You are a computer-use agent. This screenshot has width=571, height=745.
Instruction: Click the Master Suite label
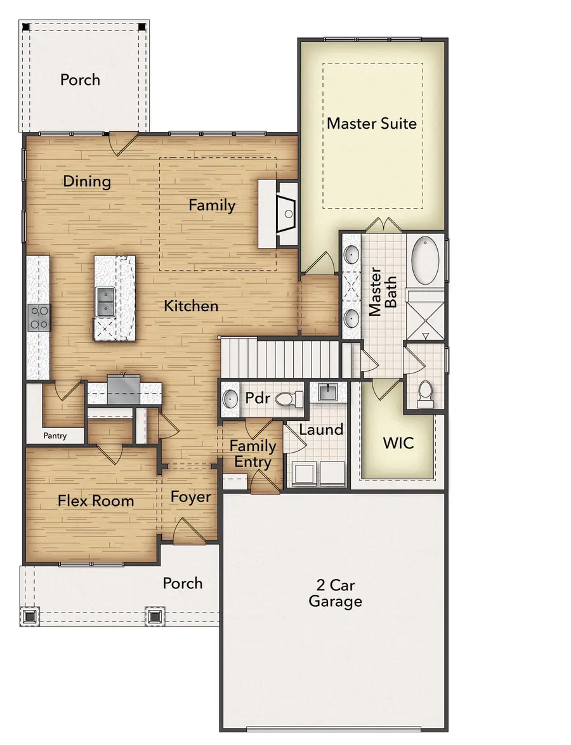(372, 122)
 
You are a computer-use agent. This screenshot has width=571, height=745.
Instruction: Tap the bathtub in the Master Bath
(425, 261)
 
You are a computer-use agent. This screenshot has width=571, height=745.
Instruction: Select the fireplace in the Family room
(287, 213)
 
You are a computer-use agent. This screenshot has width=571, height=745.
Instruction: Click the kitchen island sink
(105, 301)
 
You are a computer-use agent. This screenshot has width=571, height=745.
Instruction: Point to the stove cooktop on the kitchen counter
(39, 317)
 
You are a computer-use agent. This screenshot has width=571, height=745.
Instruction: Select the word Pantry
(55, 436)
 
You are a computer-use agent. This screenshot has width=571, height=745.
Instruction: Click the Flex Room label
(96, 500)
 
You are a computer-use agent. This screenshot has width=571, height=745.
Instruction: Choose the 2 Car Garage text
(335, 592)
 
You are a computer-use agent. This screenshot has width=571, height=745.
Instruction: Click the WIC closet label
(398, 442)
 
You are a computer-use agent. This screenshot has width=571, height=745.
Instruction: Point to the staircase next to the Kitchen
(279, 358)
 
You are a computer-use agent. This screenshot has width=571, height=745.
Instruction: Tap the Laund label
(321, 429)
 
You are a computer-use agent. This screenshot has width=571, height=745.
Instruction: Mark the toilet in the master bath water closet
(425, 393)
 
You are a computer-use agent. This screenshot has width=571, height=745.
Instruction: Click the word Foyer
(190, 496)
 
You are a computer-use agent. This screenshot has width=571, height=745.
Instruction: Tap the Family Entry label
(253, 453)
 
